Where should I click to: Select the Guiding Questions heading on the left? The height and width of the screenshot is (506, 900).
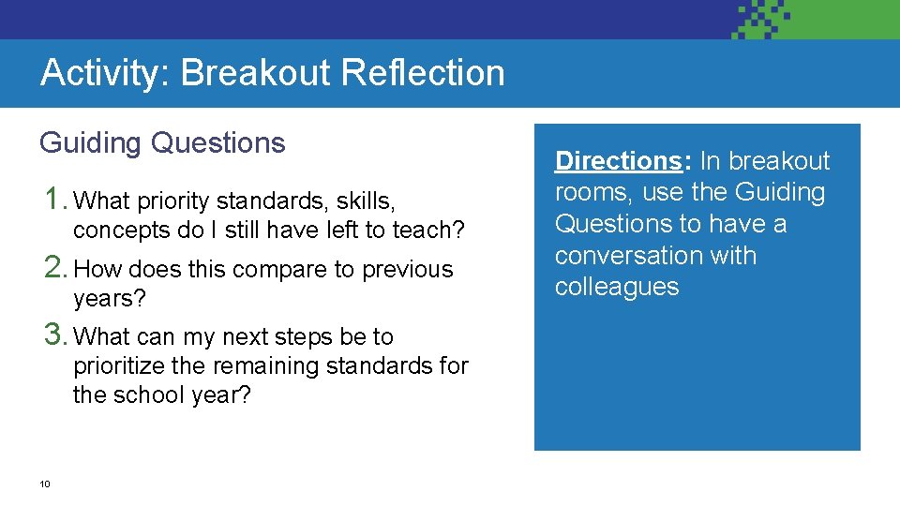[162, 142]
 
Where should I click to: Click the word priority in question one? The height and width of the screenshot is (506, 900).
[174, 201]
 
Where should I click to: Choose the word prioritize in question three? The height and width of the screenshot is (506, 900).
[119, 366]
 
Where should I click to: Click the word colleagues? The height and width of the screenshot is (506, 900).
[617, 288]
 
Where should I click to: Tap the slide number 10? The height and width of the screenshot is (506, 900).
[44, 484]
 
